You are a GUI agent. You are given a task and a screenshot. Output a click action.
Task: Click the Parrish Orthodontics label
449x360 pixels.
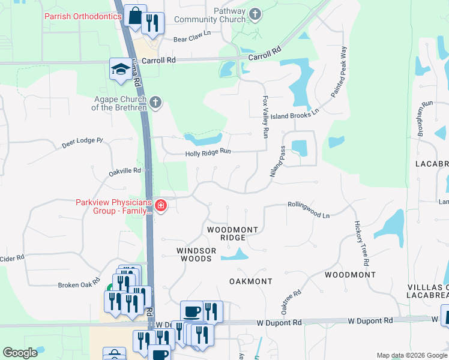point(83,16)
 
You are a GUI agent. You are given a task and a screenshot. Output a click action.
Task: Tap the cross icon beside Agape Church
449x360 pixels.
point(155,102)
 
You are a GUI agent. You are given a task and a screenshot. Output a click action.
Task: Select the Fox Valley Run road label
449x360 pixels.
point(265,117)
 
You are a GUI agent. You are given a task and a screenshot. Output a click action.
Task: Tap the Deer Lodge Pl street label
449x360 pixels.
point(83,143)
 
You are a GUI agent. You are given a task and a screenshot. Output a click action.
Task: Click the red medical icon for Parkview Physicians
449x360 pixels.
point(160,206)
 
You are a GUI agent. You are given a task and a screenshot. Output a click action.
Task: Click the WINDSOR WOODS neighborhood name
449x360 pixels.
point(194,254)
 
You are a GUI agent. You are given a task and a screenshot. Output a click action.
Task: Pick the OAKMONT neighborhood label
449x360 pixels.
point(251,281)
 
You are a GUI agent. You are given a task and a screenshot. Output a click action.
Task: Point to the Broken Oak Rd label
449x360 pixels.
point(79,284)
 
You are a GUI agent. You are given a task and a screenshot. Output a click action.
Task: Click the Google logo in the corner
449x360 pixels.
point(20,353)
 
